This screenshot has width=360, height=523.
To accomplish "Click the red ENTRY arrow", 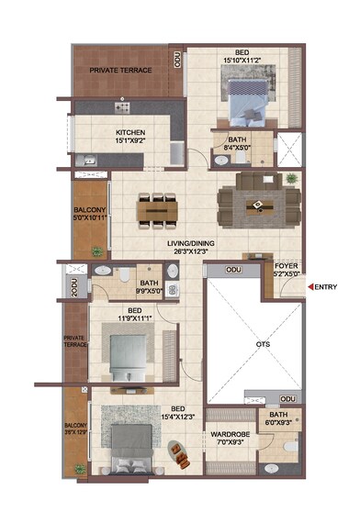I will [x=309, y=287].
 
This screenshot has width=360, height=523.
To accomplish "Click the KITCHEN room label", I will [x=130, y=132].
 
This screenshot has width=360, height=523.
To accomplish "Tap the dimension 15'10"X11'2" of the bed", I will [x=242, y=61].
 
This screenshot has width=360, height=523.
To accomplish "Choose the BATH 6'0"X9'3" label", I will [x=277, y=420].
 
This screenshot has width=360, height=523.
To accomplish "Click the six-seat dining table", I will [x=157, y=210].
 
